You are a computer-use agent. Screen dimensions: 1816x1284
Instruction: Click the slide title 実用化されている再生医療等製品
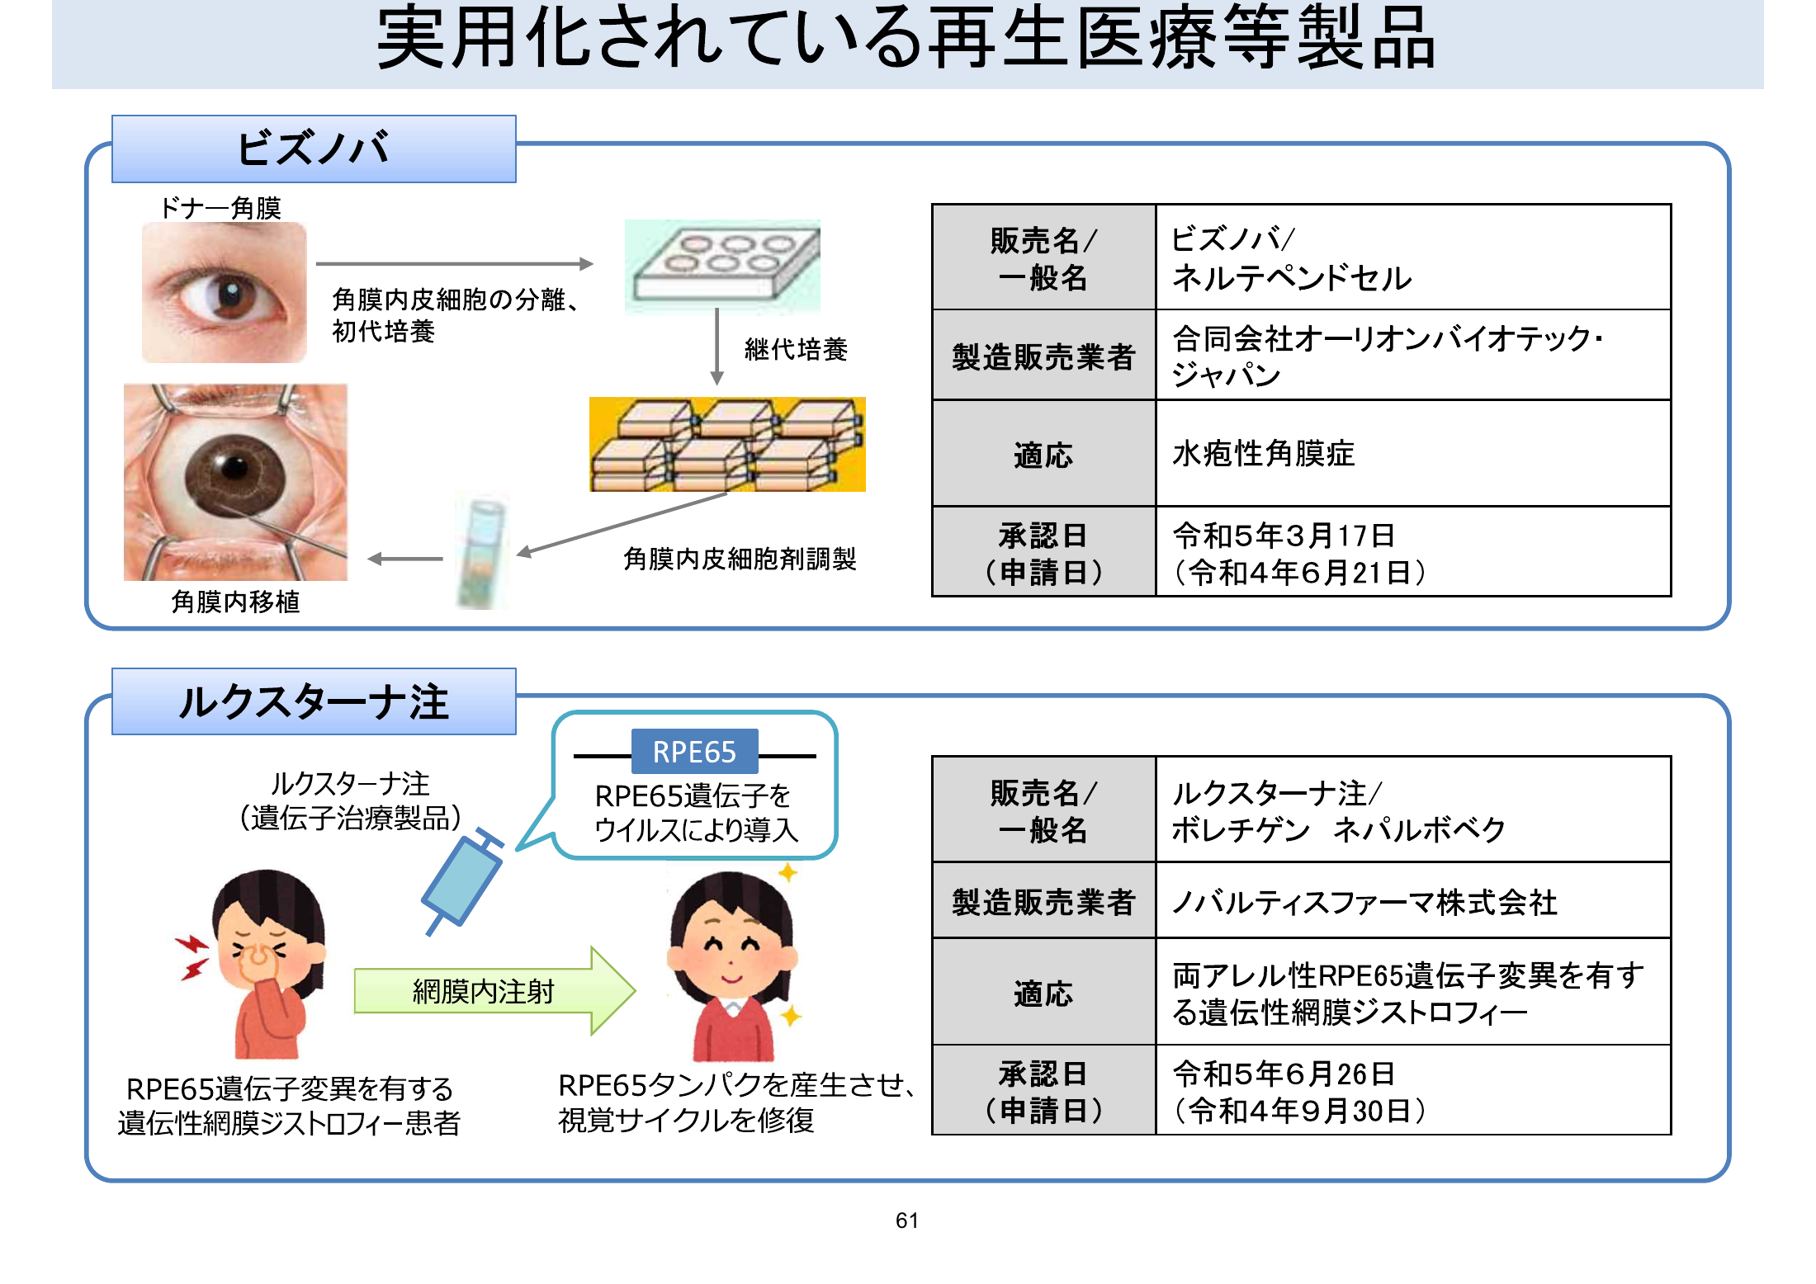906,38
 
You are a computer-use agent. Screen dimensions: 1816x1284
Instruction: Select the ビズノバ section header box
314,149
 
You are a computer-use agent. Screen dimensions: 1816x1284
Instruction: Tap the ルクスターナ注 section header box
314,701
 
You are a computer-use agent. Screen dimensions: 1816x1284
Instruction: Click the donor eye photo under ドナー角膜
224,293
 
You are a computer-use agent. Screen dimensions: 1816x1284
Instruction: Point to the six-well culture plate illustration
722,267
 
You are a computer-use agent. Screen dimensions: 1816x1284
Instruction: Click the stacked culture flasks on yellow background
727,444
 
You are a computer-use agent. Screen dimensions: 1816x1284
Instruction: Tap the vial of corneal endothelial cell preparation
482,551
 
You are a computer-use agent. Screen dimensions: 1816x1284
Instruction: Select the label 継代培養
796,349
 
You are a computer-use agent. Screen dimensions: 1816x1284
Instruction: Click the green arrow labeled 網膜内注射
494,991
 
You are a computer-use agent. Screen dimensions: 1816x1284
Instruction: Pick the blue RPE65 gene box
694,752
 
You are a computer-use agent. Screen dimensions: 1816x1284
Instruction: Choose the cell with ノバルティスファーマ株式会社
1413,901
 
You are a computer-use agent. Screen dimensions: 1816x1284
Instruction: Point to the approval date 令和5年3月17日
1284,536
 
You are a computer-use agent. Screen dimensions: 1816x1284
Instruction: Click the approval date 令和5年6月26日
1284,1074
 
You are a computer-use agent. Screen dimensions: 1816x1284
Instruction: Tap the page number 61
907,1220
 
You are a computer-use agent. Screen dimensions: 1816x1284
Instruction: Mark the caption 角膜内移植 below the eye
235,602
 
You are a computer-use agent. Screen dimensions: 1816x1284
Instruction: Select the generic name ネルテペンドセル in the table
1292,278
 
